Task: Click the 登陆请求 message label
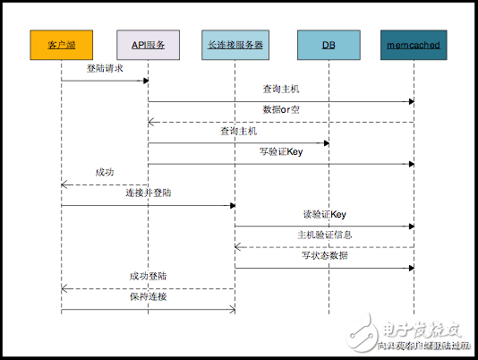point(104,69)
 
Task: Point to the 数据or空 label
point(281,110)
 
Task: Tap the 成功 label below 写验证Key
point(104,172)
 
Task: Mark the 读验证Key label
point(324,214)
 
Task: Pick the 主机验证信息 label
point(324,235)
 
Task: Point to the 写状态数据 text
point(324,255)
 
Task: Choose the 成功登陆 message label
point(148,276)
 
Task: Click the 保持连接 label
point(148,296)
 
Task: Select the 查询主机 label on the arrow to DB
point(238,131)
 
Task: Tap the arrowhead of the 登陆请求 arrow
point(145,81)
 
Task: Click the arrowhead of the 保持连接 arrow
point(232,309)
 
